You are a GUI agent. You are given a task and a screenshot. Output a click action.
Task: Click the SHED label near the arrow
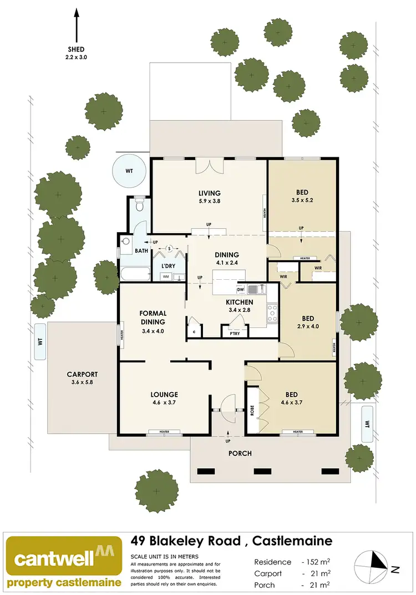tap(77, 49)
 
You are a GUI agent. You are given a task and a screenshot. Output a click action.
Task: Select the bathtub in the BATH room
tap(135, 274)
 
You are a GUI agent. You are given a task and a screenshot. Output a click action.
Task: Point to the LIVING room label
tap(210, 193)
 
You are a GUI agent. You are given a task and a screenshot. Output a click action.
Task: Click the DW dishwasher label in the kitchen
tap(241, 289)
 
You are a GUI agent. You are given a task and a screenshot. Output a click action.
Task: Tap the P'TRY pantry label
tap(230, 332)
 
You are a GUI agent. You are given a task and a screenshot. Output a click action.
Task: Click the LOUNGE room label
tap(164, 394)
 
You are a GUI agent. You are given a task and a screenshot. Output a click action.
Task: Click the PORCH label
tap(240, 453)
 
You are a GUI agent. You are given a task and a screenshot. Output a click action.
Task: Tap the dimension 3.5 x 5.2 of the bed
tap(302, 202)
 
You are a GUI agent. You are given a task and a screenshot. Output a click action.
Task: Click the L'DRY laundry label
tap(168, 266)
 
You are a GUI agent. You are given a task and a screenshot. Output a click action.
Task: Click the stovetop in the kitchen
tap(272, 313)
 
